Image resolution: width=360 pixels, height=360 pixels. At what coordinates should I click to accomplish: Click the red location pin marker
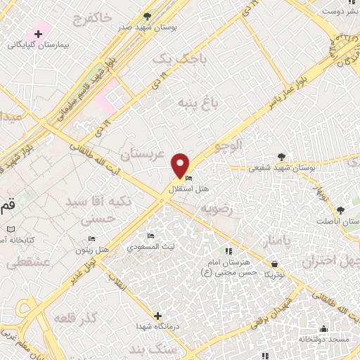181,165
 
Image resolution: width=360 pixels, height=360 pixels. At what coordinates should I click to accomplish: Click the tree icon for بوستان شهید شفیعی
282,156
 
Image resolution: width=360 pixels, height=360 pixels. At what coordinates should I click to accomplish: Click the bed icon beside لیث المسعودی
150,236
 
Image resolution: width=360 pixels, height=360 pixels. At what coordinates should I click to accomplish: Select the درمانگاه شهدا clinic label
157,326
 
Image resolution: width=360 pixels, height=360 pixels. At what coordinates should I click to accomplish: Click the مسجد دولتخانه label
323,337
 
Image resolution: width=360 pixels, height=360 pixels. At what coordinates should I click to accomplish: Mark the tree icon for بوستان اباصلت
340,210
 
